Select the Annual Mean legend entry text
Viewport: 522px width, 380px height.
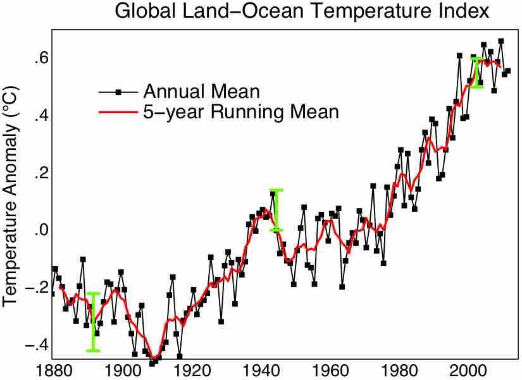tap(201, 91)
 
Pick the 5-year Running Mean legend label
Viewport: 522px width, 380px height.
tap(241, 113)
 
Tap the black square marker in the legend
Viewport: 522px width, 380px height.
tap(118, 91)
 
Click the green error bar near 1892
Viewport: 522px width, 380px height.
tap(94, 322)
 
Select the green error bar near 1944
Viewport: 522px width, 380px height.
tap(276, 209)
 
